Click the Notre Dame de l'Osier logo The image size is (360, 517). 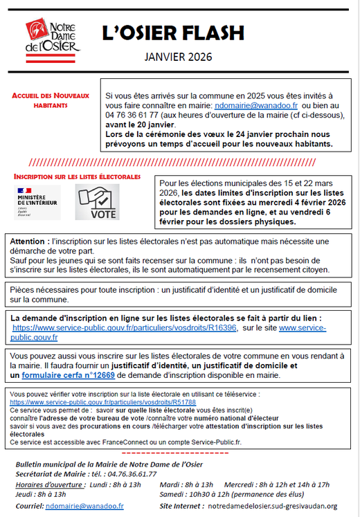point(53,40)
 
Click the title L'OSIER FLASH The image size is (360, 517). point(173,33)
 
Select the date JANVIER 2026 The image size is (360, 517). point(178,57)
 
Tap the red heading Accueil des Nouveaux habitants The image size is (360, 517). point(51,100)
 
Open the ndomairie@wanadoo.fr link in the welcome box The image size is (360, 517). point(256,105)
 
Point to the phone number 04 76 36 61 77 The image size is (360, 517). point(132,115)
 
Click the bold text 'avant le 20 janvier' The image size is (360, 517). point(141,125)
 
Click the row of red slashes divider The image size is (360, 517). point(172,162)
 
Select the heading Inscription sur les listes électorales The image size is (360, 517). point(77,176)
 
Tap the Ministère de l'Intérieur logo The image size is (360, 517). point(37,202)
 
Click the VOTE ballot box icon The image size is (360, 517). point(97,202)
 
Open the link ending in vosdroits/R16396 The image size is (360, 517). point(125,328)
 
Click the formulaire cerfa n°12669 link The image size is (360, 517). point(69,375)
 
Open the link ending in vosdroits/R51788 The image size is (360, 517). point(103,402)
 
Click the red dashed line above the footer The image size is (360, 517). point(175,453)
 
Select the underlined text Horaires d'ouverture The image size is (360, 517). point(51,484)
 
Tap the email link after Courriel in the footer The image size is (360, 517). point(84,506)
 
